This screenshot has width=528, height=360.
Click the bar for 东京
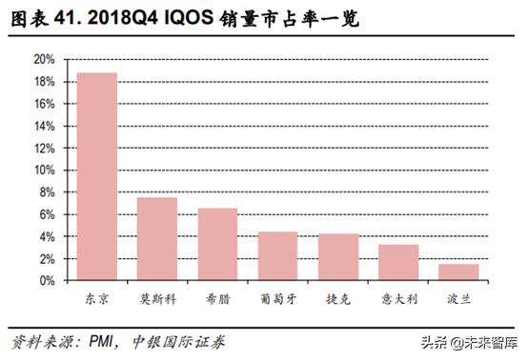click(x=97, y=176)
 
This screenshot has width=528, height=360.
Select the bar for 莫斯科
click(x=157, y=238)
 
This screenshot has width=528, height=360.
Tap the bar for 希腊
click(x=217, y=244)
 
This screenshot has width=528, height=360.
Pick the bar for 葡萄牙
click(x=277, y=255)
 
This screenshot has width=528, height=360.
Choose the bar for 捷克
click(x=337, y=256)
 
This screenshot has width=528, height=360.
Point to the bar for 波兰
click(x=457, y=271)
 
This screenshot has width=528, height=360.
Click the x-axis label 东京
click(x=97, y=299)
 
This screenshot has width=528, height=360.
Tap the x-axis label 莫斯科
click(x=157, y=299)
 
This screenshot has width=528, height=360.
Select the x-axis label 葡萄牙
click(x=277, y=299)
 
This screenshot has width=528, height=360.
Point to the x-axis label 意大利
click(x=397, y=299)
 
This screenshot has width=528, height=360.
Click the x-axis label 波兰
click(x=457, y=299)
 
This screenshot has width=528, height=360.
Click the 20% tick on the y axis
click(x=43, y=59)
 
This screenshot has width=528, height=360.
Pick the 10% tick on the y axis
click(x=43, y=170)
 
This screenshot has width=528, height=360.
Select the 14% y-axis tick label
click(x=43, y=126)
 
